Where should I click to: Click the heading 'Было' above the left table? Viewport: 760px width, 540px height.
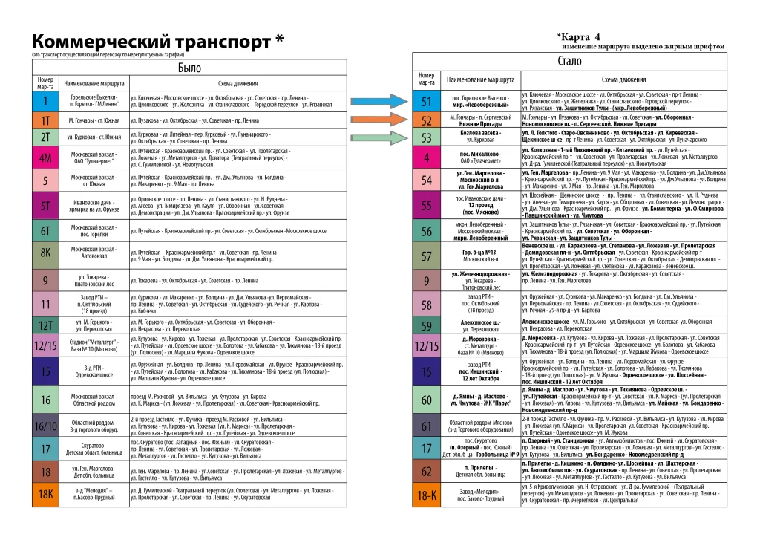(x=189, y=68)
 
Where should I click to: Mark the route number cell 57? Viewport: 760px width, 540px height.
(x=426, y=256)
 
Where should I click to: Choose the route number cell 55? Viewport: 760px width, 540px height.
(x=426, y=205)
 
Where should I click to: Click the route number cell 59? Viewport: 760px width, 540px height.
(x=426, y=325)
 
